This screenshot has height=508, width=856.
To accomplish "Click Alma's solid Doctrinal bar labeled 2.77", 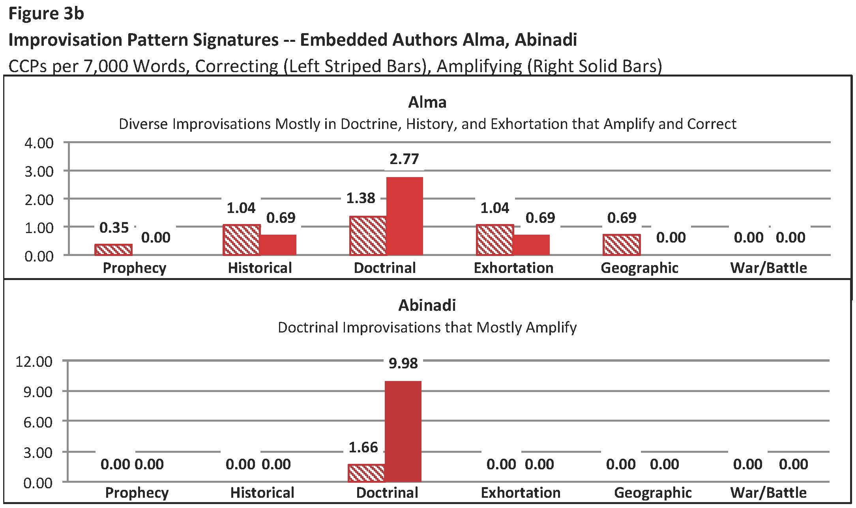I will coord(405,216).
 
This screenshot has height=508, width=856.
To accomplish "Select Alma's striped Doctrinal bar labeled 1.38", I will coord(368,235).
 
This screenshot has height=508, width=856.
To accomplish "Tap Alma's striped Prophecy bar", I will coord(113,250).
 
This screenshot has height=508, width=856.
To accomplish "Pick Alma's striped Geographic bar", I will coord(622,245).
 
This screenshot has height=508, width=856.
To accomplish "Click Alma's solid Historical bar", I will coord(278,245).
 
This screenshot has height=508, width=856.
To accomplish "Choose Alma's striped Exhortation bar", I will coord(495,240).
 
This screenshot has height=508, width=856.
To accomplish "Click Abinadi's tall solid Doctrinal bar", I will coord(403,431).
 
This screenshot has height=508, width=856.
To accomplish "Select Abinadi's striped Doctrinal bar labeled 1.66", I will coord(366,473).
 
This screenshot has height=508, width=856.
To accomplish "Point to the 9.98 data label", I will coord(403,363).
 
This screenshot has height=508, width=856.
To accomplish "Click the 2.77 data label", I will coord(404,159).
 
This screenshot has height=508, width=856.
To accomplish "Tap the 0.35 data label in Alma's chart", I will coord(114,228).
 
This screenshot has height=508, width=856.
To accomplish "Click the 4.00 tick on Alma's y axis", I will coord(39,143).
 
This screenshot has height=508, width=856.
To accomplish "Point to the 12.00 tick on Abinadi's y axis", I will coord(34,362).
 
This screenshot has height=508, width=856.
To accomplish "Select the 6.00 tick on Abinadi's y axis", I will coord(38,422).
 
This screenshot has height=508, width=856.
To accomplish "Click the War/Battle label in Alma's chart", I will coord(768,268).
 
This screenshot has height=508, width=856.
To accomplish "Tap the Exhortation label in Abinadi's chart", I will coord(521,493).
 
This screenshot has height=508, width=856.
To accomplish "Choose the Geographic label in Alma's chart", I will coord(639,268).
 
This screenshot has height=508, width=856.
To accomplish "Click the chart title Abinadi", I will coord(427,305).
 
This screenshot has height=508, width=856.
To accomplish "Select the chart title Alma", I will coord(427,102).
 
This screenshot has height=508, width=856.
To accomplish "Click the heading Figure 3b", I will coord(46,13).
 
